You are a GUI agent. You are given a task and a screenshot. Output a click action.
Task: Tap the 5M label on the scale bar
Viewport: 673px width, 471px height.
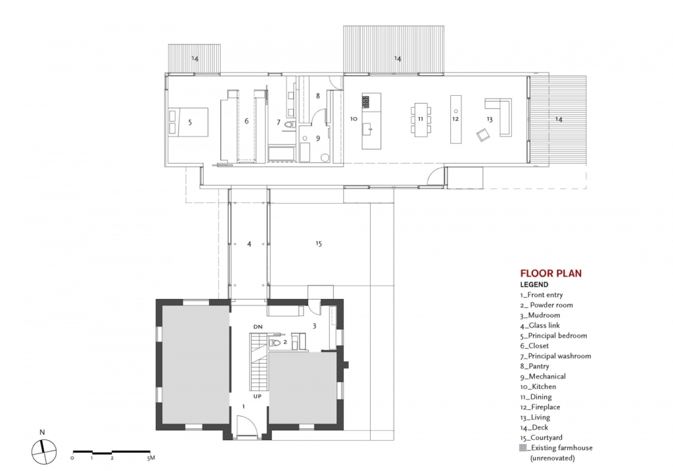(151, 458)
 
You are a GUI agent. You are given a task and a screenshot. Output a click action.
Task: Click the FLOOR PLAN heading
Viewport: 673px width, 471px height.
(551, 273)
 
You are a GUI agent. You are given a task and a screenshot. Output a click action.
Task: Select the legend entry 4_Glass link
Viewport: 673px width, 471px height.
(540, 326)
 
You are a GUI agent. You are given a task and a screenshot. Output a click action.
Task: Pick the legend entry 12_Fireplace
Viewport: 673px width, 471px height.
(540, 407)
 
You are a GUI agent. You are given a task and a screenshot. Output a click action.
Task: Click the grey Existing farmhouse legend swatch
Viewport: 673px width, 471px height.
(522, 448)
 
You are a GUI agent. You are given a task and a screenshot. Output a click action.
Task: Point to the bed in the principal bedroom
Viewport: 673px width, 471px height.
(188, 122)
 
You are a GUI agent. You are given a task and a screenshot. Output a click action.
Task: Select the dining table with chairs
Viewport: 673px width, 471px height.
(421, 120)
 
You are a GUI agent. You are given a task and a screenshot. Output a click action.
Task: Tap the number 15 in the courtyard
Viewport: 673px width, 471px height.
(319, 244)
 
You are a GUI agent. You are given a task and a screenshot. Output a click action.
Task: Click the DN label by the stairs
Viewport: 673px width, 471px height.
(258, 327)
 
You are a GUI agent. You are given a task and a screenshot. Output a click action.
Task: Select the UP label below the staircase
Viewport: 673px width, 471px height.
(257, 396)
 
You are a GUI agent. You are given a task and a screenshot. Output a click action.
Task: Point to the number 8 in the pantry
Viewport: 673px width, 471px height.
(317, 96)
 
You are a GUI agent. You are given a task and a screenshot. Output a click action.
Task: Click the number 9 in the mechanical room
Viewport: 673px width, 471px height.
(317, 138)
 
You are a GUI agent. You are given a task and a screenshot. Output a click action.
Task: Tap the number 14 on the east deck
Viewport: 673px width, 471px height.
(559, 120)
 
